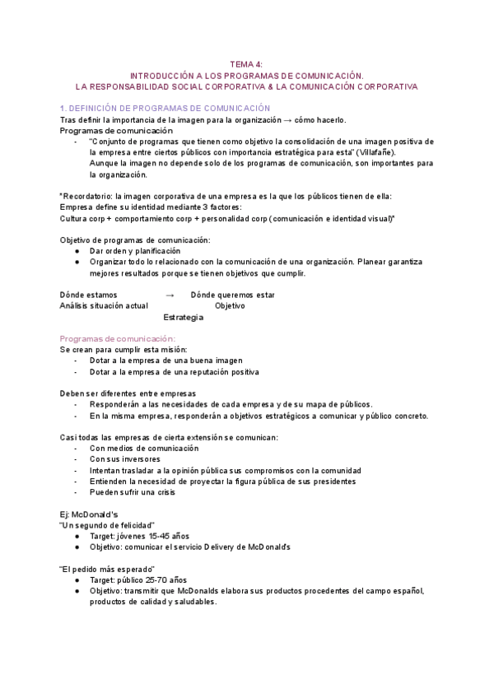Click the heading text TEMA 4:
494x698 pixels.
[246, 63]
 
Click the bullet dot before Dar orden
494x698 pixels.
[77, 251]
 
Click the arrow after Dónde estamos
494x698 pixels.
[170, 295]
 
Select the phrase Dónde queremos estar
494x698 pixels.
[232, 295]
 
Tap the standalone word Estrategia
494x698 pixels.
[184, 317]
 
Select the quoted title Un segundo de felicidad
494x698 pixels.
[107, 524]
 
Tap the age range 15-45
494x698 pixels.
[155, 536]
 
